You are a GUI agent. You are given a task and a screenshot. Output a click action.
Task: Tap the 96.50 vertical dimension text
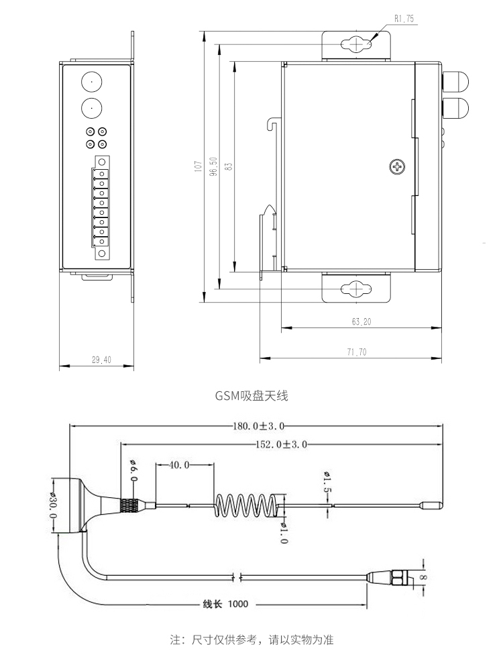point(213,166)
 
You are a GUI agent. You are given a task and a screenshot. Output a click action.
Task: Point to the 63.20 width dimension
point(361,322)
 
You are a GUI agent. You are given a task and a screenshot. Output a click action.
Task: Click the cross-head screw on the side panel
point(398,167)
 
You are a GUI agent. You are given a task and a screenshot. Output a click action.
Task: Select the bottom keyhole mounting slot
point(355,289)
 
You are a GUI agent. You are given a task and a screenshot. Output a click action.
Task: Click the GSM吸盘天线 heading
point(251,397)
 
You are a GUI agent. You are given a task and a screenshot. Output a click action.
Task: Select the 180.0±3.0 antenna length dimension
point(259,425)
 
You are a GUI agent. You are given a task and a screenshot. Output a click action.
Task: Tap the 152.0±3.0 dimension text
point(281,444)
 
